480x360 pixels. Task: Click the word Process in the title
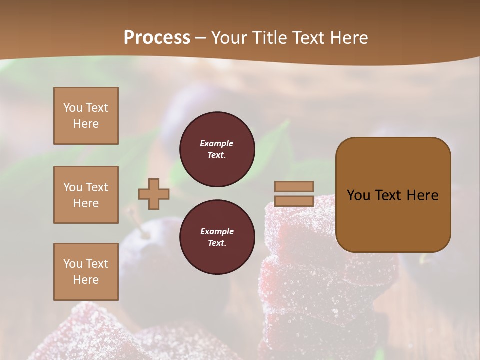157,37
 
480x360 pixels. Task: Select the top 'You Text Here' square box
86,116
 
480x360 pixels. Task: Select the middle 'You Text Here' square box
86,195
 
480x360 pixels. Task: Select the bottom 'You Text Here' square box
86,271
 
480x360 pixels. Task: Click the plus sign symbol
153,194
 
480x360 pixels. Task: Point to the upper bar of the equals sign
294,186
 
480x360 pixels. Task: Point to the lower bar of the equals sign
294,201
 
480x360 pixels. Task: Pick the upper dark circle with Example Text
217,149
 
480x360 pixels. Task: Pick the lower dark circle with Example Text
217,237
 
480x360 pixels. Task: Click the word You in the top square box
73,108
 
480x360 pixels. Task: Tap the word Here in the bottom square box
86,280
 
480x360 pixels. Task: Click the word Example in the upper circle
217,143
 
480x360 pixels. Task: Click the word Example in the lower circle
217,231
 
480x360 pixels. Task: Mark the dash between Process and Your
200,38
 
